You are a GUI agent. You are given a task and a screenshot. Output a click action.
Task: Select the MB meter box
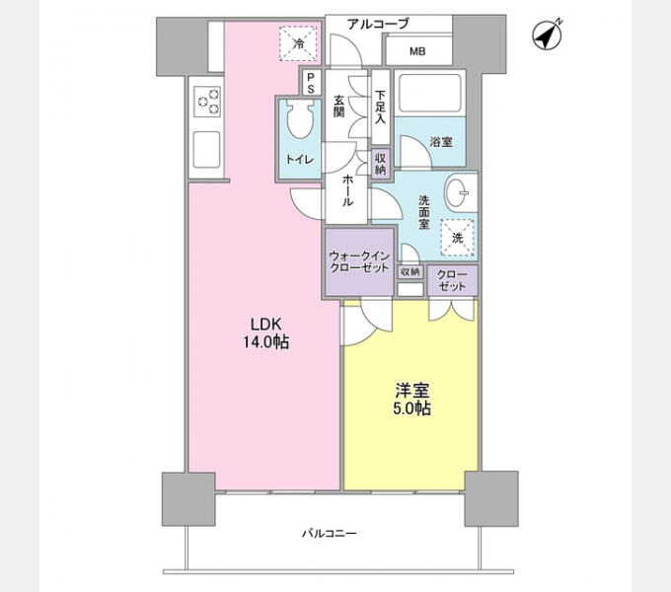[417, 50]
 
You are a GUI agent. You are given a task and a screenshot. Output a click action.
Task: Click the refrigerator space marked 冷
[300, 42]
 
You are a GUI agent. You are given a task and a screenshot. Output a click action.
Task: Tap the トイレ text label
[300, 160]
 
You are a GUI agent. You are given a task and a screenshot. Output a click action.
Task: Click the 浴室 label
[441, 142]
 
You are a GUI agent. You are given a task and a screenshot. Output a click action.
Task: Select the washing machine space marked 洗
[457, 237]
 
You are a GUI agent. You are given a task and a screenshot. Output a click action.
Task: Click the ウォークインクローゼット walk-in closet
[358, 261]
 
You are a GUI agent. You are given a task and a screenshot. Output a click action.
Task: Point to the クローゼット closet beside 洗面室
[452, 279]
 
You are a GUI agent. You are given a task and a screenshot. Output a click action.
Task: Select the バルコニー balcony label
[330, 534]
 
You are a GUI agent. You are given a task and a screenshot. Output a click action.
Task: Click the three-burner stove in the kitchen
[208, 100]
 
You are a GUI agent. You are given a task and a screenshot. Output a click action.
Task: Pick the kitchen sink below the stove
[208, 149]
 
